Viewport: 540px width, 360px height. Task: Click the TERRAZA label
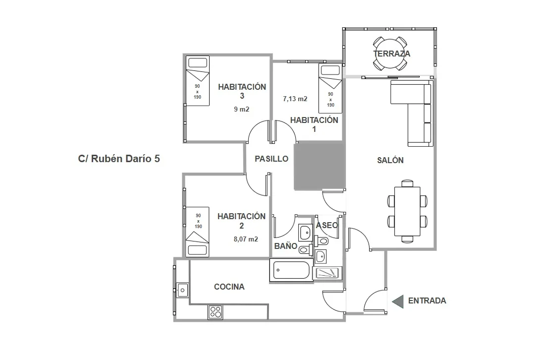(391, 54)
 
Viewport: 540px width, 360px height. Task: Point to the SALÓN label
(390, 160)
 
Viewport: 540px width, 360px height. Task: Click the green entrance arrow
(397, 301)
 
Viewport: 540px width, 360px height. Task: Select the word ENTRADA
(427, 301)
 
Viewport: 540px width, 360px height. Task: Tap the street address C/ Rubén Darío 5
(119, 159)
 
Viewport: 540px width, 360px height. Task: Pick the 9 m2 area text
(242, 110)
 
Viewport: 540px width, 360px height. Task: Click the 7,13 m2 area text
(295, 99)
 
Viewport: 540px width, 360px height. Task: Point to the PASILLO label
(271, 159)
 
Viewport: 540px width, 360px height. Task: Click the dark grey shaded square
(319, 165)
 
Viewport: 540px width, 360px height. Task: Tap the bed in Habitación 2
(198, 232)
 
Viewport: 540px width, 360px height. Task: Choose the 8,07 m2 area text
(245, 239)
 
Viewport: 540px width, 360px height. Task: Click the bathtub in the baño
(292, 270)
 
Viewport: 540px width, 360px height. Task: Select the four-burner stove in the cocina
(216, 312)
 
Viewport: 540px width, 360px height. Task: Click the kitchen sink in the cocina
(182, 289)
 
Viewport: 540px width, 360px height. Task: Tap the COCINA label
(229, 287)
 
